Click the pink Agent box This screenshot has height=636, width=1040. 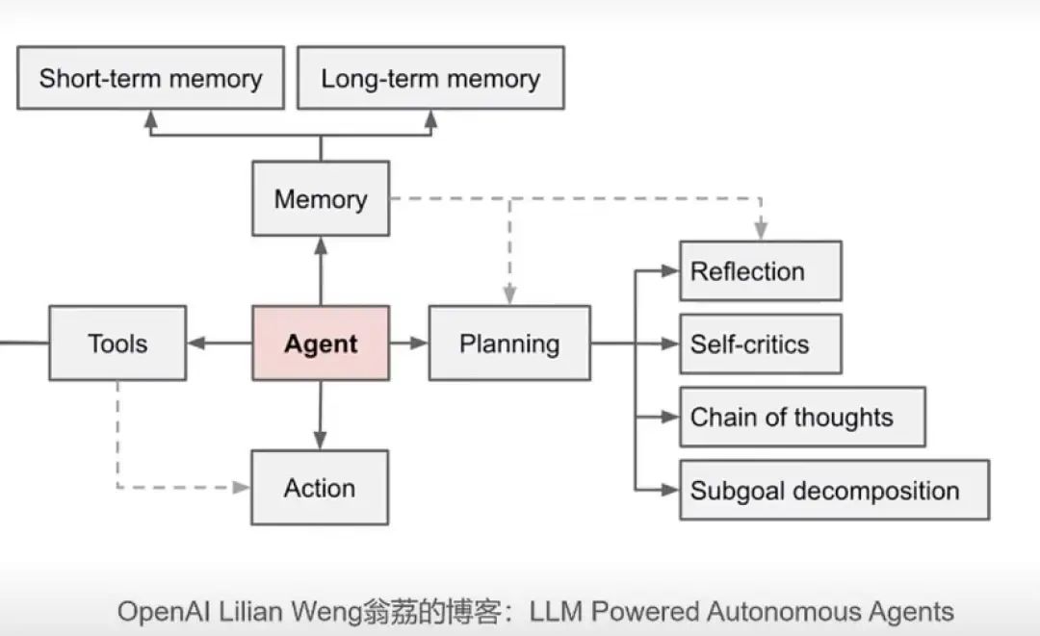(x=321, y=343)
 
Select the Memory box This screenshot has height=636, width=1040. (x=321, y=199)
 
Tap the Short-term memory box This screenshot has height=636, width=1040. (x=150, y=78)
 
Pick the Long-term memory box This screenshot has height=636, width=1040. (x=430, y=78)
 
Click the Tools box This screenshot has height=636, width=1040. (x=117, y=343)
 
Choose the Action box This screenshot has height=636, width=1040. (x=320, y=488)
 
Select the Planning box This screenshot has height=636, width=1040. (x=509, y=343)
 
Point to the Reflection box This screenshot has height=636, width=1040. (x=761, y=271)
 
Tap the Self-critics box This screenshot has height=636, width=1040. (x=761, y=343)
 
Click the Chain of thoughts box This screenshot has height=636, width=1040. (x=802, y=417)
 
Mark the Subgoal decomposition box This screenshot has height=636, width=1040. (x=834, y=490)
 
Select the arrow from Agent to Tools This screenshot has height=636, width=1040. (x=220, y=343)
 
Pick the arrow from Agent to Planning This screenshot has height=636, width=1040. (x=408, y=343)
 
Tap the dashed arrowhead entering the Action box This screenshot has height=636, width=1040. (x=242, y=488)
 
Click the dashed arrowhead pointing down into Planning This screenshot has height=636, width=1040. (x=509, y=294)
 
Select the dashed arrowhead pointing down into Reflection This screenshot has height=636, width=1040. (x=761, y=230)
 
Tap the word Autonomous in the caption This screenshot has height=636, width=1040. (x=773, y=611)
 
